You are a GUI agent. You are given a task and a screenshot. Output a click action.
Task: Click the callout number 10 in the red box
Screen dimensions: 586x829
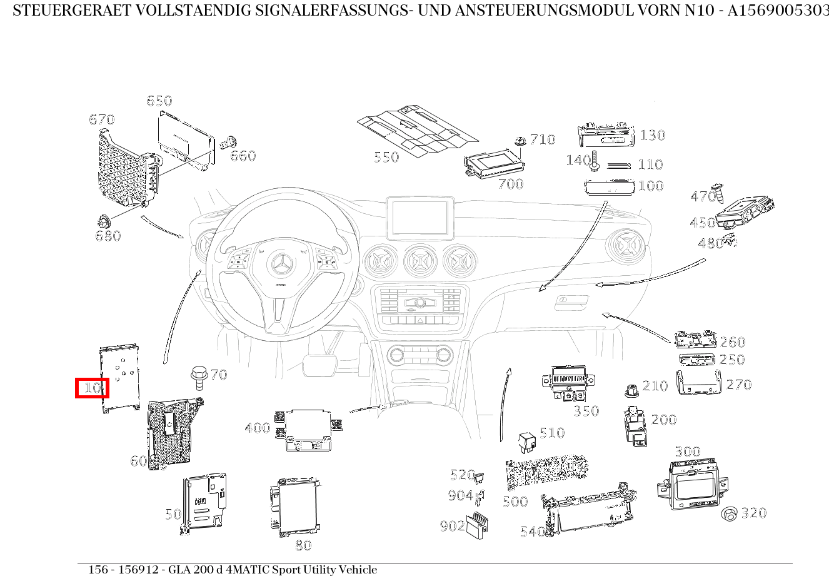coord(92,388)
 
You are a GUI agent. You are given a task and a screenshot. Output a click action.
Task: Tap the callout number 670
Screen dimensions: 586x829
coord(102,119)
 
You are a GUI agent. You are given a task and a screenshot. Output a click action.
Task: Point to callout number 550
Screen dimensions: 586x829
coord(386,157)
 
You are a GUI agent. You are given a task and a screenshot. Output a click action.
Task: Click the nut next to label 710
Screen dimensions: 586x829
coord(520,141)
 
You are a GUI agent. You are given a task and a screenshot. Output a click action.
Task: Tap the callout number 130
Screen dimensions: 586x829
coord(652,135)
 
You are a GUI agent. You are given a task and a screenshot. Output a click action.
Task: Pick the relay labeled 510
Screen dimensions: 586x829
coord(526,442)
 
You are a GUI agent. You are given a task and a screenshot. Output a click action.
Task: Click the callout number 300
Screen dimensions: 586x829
coord(687,452)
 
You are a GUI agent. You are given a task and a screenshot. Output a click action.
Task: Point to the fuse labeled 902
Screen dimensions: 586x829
coord(478,523)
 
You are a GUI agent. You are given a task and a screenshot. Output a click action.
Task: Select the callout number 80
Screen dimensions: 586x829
coord(303,545)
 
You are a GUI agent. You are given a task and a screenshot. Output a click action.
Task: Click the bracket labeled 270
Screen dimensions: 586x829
coord(698,383)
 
